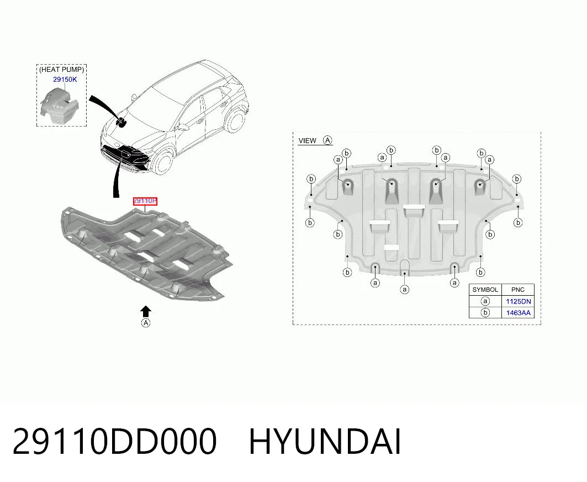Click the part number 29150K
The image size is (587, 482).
[x=65, y=80]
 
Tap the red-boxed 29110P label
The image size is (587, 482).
[x=145, y=201]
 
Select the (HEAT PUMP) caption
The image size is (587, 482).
[x=62, y=69]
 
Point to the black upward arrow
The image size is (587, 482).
[x=146, y=311]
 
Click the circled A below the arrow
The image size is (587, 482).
[x=146, y=323]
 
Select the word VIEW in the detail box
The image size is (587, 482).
[x=308, y=140]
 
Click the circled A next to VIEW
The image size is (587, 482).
[x=327, y=140]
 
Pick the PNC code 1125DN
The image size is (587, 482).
[x=518, y=301]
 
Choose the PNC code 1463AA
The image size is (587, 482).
[x=518, y=313]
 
